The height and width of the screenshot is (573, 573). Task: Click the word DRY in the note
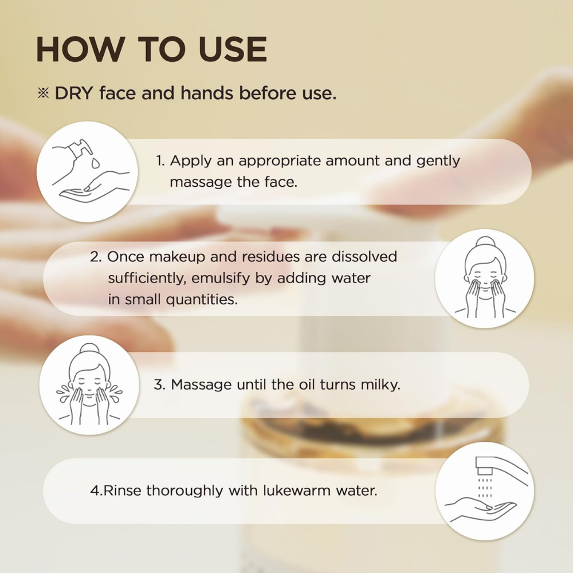(x=74, y=93)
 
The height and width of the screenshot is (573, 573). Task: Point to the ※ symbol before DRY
(x=44, y=93)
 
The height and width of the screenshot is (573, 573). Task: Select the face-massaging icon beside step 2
(x=485, y=278)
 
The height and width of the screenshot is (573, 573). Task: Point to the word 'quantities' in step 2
(x=201, y=300)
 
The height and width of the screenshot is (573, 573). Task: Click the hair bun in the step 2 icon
(x=485, y=242)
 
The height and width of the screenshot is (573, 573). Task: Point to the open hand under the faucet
(x=481, y=508)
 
